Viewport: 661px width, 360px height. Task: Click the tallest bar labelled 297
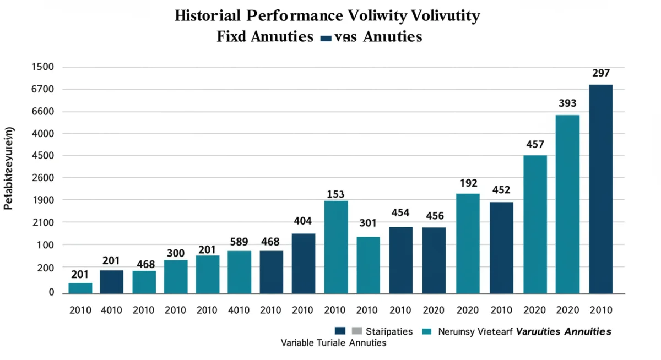[x=600, y=189]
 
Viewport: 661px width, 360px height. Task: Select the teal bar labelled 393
[x=567, y=204]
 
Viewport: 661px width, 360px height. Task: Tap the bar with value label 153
[x=335, y=247]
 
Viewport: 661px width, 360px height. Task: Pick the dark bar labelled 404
[x=303, y=263]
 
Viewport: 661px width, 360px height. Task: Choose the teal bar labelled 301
[x=368, y=265]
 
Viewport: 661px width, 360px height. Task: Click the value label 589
[x=239, y=241]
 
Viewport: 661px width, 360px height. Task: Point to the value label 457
[x=534, y=145]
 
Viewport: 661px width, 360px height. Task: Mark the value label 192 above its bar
[x=468, y=183]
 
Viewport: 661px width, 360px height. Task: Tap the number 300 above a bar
[x=175, y=253]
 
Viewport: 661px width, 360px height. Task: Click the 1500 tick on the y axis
[x=43, y=67]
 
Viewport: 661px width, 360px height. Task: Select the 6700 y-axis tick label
[x=43, y=89]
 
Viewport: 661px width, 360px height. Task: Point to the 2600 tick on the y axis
[x=43, y=178]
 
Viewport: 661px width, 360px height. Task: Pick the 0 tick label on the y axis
[x=51, y=292]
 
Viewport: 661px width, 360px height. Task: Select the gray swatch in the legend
[x=356, y=331]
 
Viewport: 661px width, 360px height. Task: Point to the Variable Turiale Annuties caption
[x=333, y=342]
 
